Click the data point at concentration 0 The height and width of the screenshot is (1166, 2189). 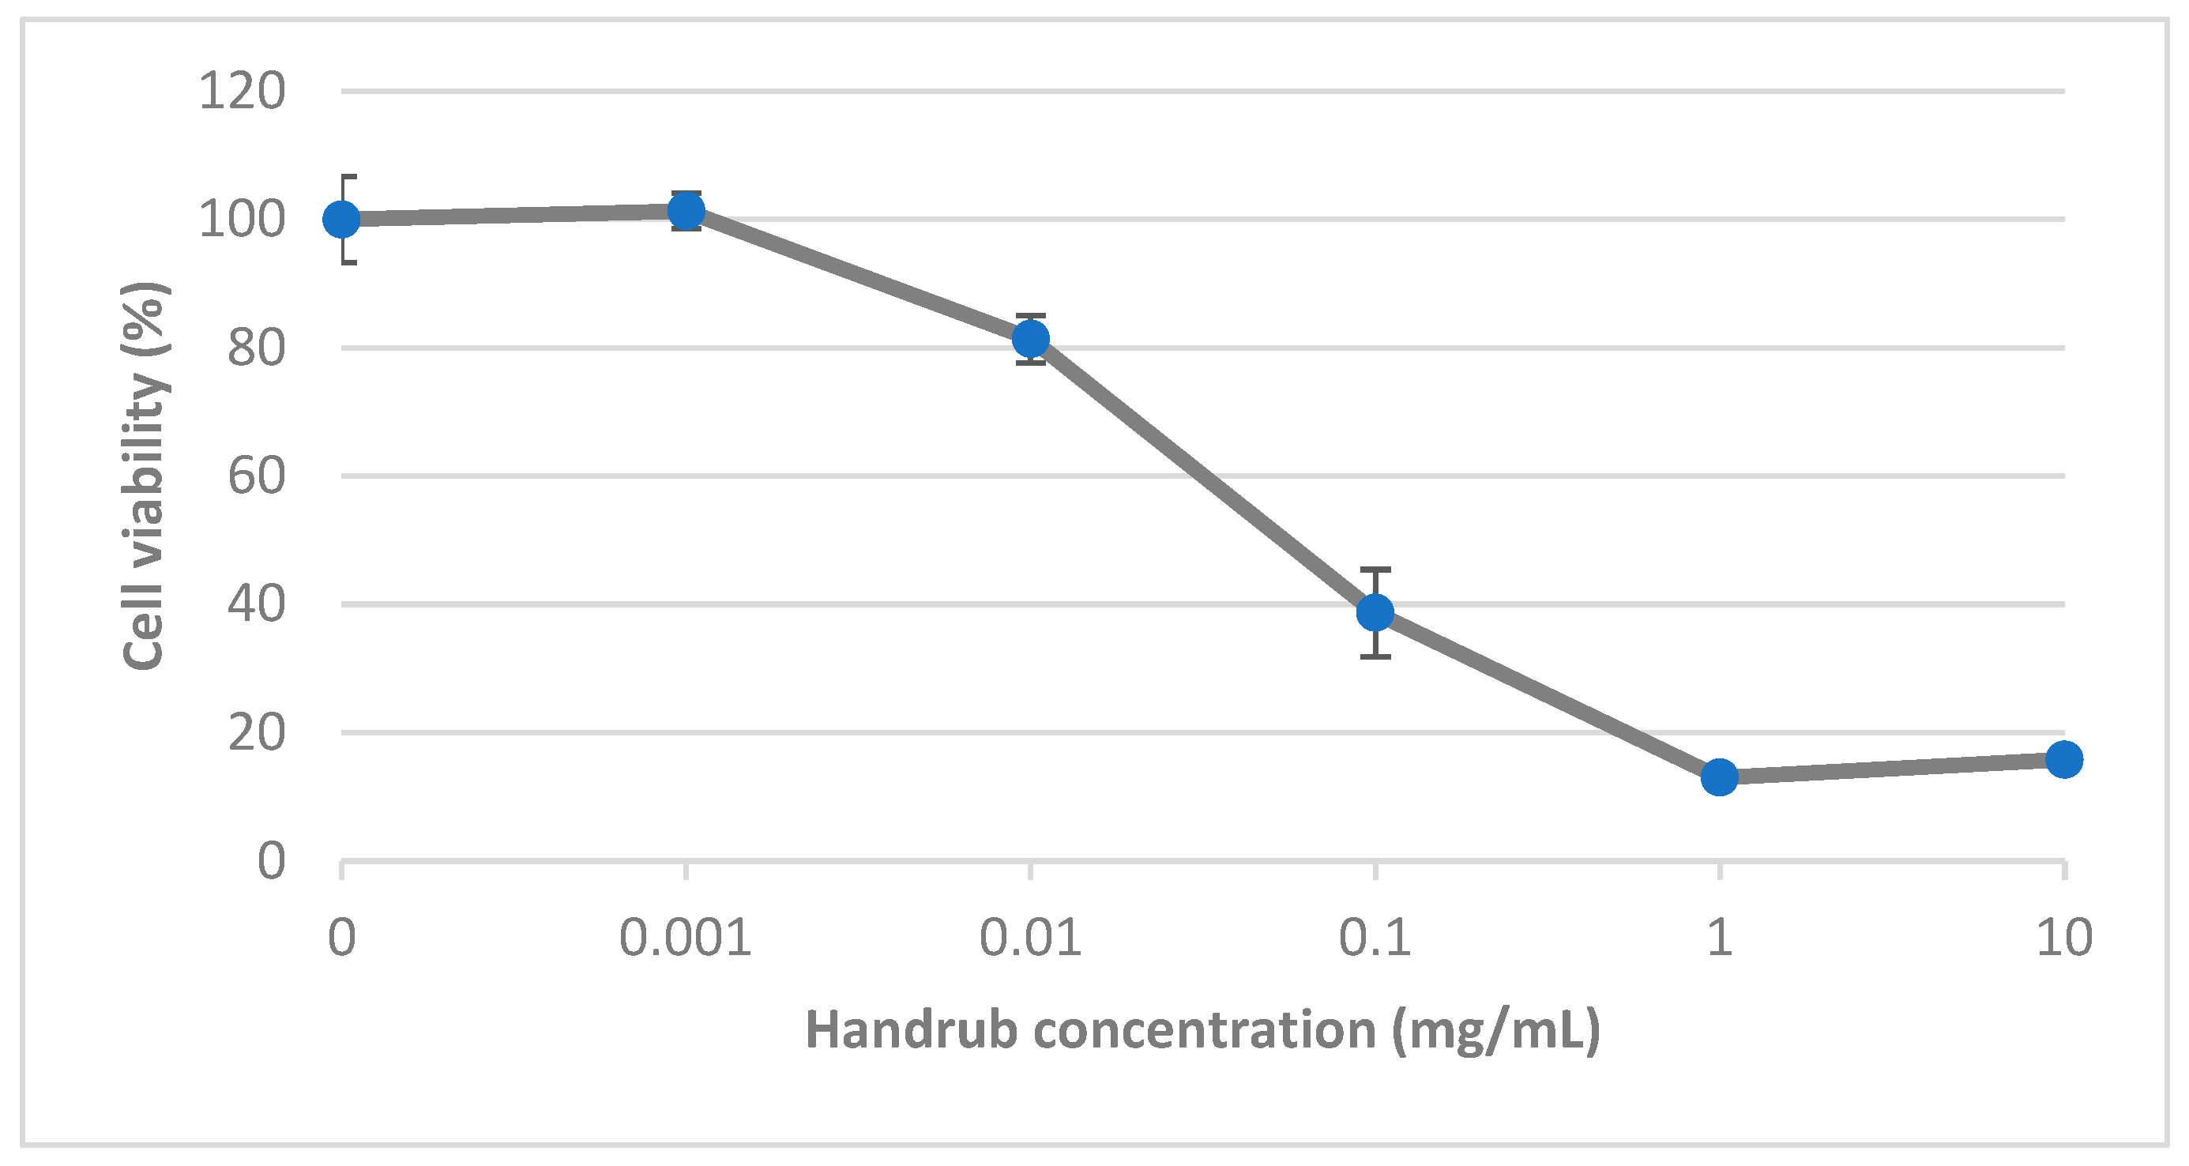341,220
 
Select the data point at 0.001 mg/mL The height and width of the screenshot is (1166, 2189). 686,211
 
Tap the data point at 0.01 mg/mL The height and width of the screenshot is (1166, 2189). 1031,339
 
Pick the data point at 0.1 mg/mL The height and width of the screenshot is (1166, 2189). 1375,612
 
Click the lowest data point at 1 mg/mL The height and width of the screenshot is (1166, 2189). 1720,777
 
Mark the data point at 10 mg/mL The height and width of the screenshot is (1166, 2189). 2064,759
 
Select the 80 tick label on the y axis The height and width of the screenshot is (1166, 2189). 256,348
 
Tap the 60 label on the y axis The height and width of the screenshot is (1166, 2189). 256,476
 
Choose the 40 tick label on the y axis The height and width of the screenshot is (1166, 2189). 256,604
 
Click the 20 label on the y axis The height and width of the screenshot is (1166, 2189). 256,732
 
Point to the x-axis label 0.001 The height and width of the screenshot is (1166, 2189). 685,938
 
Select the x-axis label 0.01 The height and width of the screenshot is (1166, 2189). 1030,938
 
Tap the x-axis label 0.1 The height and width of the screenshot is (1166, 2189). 1375,938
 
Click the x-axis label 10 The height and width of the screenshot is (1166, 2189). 2064,938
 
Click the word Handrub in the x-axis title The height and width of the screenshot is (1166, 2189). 911,1031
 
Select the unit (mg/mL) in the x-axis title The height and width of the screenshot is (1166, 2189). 1495,1031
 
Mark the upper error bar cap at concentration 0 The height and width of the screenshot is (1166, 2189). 348,176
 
